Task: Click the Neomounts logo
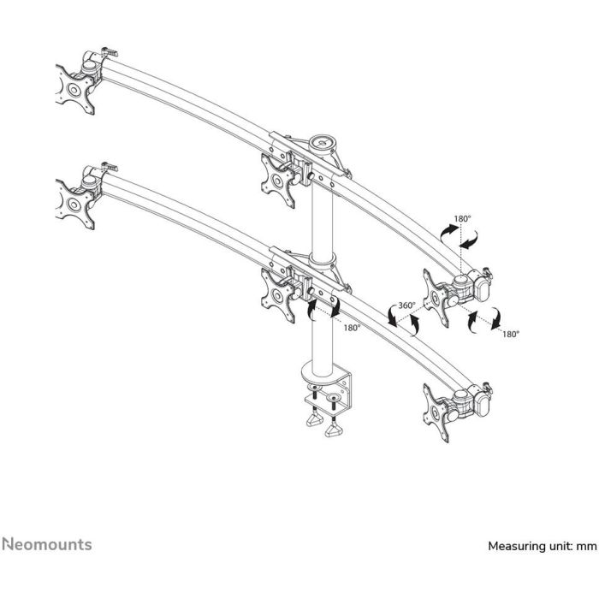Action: pyautogui.click(x=47, y=544)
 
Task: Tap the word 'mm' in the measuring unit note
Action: pyautogui.click(x=586, y=546)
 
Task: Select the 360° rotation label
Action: pyautogui.click(x=406, y=305)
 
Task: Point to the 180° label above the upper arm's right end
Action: pyautogui.click(x=463, y=219)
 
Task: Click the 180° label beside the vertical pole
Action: pyautogui.click(x=353, y=328)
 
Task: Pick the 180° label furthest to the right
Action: pyautogui.click(x=511, y=335)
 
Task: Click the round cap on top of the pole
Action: pyautogui.click(x=323, y=143)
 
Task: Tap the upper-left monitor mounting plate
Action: pyautogui.click(x=75, y=89)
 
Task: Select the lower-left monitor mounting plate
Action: pyautogui.click(x=75, y=205)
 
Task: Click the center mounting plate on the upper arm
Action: pyautogui.click(x=278, y=181)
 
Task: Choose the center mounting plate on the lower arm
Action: pyautogui.click(x=278, y=295)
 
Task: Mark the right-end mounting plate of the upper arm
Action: pyautogui.click(x=436, y=297)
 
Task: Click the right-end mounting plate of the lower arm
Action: pyautogui.click(x=436, y=412)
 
